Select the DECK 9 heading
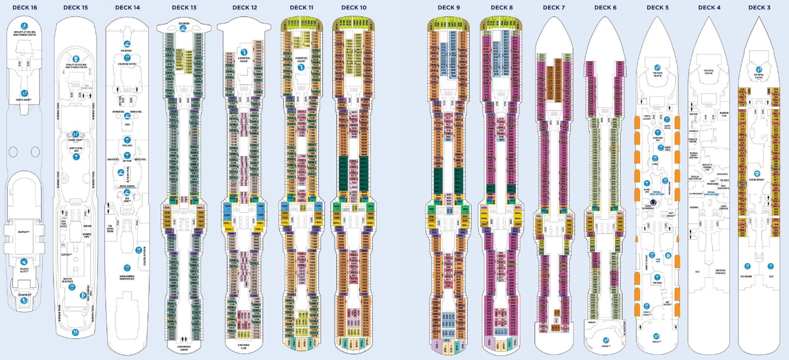pyautogui.click(x=448, y=8)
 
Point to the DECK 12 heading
pyautogui.click(x=244, y=8)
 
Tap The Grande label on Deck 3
pyautogui.click(x=745, y=276)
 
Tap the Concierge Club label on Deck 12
pyautogui.click(x=244, y=346)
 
